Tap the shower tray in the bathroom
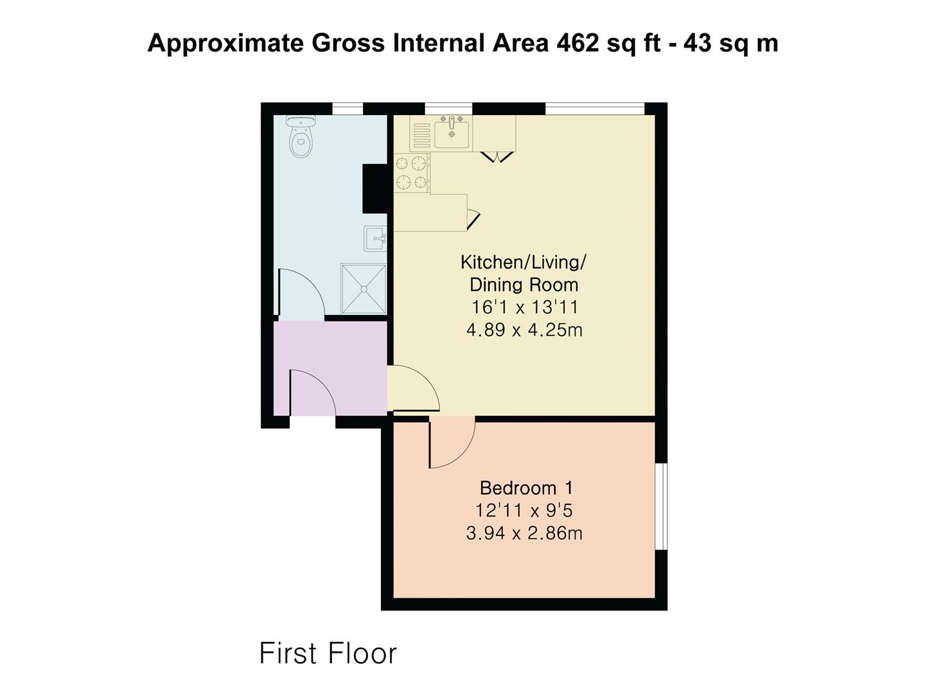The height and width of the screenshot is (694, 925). (x=364, y=289)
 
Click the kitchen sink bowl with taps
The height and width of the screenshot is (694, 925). (x=452, y=132)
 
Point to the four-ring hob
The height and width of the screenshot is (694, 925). (x=412, y=173)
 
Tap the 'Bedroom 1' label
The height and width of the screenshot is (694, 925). (x=526, y=488)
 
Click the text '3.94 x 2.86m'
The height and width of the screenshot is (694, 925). (x=524, y=533)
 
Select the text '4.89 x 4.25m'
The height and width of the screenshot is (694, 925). (x=524, y=330)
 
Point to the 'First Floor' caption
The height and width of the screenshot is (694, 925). (x=328, y=654)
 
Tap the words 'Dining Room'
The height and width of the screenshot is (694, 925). (x=524, y=285)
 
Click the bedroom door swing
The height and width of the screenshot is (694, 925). (x=452, y=442)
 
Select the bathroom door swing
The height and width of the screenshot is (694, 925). (x=301, y=292)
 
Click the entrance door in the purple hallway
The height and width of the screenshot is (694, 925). (x=312, y=393)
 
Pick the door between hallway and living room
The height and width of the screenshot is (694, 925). (x=414, y=388)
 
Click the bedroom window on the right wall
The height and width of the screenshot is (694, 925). (x=661, y=506)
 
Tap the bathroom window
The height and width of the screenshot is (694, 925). (x=348, y=109)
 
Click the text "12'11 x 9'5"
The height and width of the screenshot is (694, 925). (x=524, y=511)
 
